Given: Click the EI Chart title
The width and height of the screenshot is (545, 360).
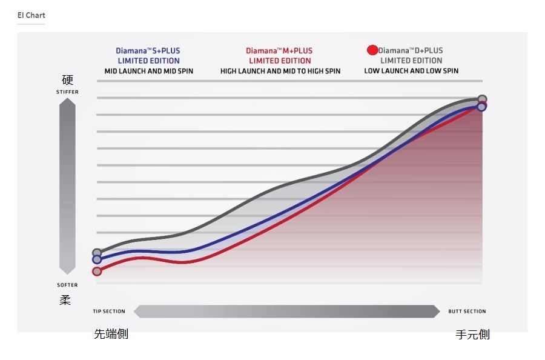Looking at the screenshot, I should click(31, 15).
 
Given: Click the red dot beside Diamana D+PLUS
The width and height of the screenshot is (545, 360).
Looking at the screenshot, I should click(372, 50).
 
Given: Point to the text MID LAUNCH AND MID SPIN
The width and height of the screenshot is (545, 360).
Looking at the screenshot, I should click(148, 71).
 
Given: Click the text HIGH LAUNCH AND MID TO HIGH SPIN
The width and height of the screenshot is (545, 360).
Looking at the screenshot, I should click(280, 71).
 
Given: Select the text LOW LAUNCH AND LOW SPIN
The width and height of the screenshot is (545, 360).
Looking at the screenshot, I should click(411, 71).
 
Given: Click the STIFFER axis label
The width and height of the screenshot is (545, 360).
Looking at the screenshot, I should click(67, 92).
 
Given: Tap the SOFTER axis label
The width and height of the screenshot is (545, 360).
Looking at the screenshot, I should click(67, 285).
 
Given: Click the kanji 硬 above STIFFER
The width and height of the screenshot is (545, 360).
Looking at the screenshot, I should click(67, 80).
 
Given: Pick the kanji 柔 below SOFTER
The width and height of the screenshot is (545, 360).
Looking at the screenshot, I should click(66, 299).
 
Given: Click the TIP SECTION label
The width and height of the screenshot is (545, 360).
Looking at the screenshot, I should click(109, 312).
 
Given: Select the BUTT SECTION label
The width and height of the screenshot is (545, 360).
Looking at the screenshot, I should click(467, 312).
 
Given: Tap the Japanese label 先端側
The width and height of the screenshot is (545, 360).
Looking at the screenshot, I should click(111, 334).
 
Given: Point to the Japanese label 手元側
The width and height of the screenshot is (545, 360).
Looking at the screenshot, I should click(472, 334).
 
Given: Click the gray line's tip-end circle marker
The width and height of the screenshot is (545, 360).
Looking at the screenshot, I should click(97, 253).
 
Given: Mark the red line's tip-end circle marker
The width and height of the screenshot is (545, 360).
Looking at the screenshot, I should click(97, 272).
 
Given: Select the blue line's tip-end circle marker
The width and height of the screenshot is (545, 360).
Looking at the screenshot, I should click(97, 260).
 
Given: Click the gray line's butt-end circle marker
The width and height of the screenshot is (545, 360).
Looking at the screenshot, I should click(482, 99).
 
